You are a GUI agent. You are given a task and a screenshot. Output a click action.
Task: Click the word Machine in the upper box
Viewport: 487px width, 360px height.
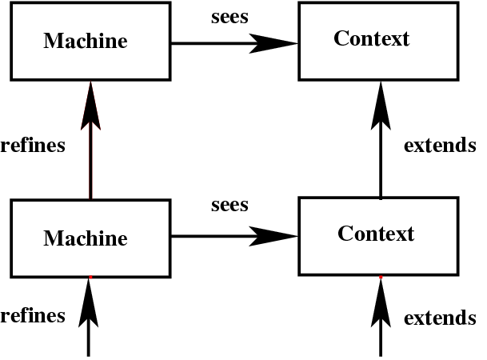pos(85,41)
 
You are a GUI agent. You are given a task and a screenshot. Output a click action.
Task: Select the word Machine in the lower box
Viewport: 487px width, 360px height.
pos(85,238)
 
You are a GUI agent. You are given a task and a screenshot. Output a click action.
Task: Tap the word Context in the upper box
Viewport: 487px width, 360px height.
pos(371,38)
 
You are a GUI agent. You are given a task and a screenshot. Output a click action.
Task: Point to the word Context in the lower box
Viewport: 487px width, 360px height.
pos(375,234)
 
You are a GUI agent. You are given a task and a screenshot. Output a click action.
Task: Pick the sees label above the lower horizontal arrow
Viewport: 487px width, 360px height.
pos(230,205)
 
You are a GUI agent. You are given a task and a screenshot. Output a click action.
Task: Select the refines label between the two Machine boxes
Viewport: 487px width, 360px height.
pos(33,146)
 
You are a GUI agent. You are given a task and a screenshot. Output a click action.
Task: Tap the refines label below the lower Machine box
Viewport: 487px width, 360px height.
pos(33,315)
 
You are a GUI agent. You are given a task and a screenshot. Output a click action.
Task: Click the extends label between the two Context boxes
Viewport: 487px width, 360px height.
pos(440,146)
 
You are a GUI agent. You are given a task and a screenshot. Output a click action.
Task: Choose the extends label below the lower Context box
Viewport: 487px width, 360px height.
pos(440,318)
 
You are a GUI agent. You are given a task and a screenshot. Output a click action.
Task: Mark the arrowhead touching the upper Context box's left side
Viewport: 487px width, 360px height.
pos(275,43)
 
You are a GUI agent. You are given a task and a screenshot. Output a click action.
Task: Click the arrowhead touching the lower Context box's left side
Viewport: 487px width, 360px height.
pos(275,236)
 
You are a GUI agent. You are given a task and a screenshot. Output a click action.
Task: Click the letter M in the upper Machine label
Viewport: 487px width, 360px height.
pos(52,41)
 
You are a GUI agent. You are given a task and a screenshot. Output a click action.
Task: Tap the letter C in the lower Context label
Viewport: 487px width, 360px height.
pos(345,234)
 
